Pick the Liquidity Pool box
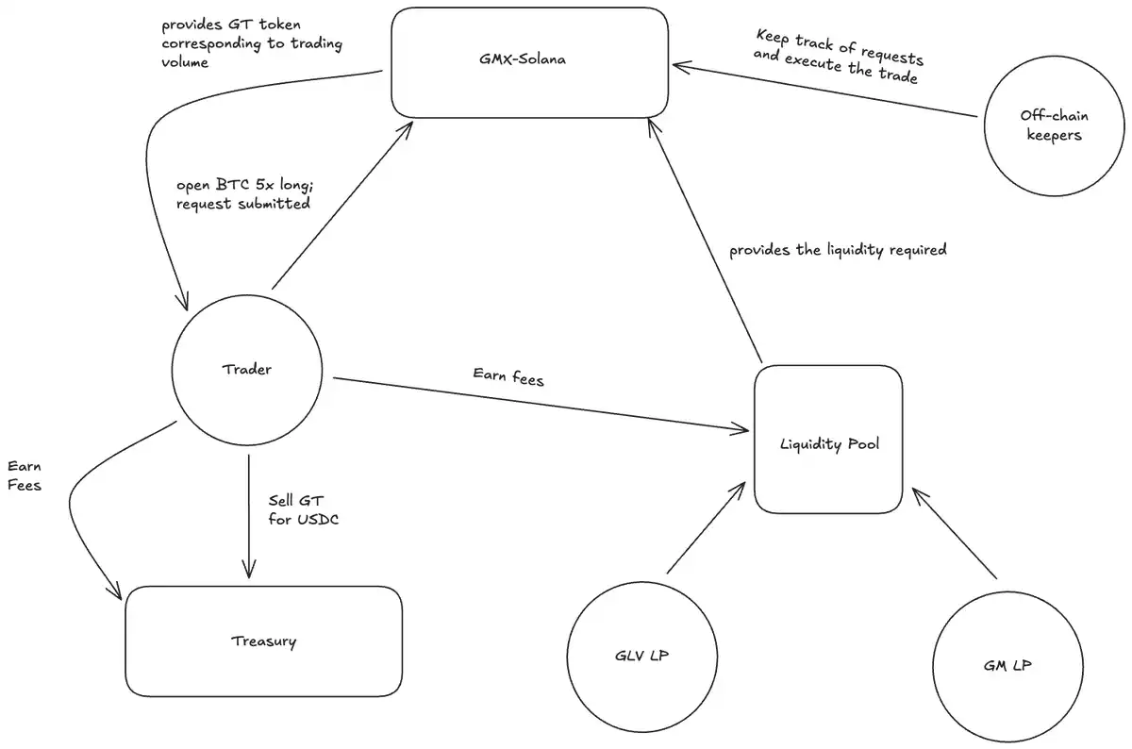pos(828,440)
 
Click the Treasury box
pos(263,641)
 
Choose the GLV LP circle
pos(641,657)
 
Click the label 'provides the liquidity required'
pos(837,251)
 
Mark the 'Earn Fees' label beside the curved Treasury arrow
pos(25,476)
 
